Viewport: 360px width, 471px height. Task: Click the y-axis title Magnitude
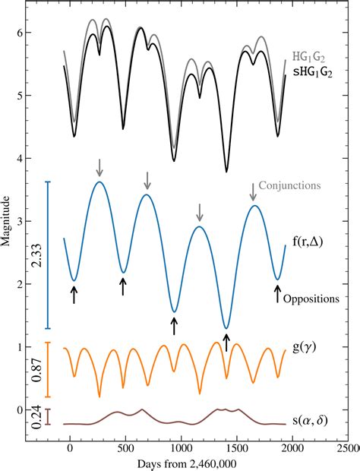coord(7,221)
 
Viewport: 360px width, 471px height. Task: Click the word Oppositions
coord(311,299)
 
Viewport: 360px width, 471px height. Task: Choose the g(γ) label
coord(309,353)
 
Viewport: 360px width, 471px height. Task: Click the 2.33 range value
coord(36,255)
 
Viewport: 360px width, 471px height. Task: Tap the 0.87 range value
coord(36,370)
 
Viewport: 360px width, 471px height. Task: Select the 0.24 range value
coord(36,418)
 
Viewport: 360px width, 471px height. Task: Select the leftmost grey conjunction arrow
coord(99,166)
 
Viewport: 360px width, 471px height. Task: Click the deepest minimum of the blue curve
coord(226,328)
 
